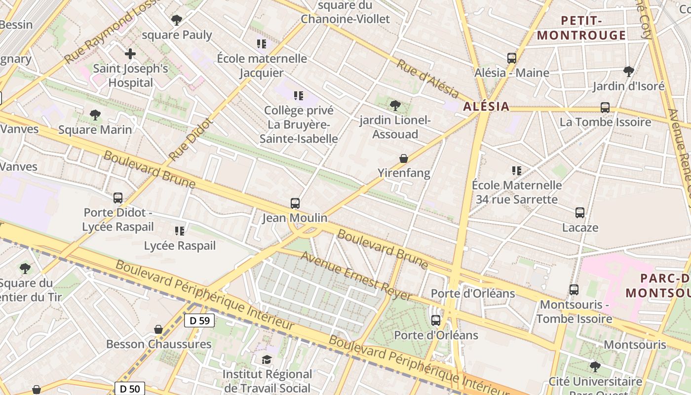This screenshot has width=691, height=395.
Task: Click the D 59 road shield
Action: click(x=199, y=320)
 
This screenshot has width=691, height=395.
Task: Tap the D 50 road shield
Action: click(x=129, y=389)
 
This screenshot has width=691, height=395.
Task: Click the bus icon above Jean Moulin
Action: click(x=295, y=203)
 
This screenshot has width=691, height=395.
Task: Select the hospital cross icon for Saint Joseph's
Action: click(x=130, y=53)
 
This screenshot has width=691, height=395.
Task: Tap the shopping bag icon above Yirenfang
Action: click(x=404, y=158)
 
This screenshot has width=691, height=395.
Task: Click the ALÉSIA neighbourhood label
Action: click(x=486, y=106)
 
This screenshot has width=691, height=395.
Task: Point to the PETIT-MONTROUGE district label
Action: click(x=581, y=28)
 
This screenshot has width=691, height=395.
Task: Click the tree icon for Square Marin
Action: click(x=95, y=115)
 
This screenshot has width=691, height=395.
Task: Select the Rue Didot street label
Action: click(x=190, y=139)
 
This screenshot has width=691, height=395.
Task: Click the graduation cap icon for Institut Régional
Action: click(x=267, y=359)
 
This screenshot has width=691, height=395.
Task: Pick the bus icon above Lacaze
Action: click(x=580, y=213)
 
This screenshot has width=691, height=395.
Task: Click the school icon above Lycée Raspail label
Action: click(x=180, y=231)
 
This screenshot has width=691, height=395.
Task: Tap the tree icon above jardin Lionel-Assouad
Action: click(x=395, y=105)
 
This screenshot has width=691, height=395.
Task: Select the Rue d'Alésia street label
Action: click(x=427, y=78)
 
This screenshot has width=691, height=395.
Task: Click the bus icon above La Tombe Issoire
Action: click(x=605, y=107)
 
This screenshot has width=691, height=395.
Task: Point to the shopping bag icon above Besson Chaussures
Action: click(x=158, y=329)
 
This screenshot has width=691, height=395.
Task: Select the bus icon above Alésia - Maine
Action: click(x=512, y=58)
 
